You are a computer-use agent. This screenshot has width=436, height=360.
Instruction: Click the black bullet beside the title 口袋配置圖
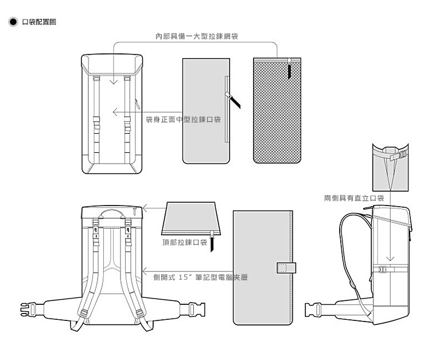[x=13, y=22]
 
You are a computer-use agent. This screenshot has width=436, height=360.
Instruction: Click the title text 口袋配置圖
[x=39, y=22]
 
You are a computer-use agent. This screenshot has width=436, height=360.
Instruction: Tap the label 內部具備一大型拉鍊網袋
[x=197, y=36]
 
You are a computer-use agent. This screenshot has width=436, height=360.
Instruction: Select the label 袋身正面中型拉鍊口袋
[x=183, y=119]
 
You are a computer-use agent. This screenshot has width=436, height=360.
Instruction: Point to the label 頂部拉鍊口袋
[x=185, y=242]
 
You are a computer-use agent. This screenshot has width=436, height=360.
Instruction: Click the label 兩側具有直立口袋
[x=354, y=198]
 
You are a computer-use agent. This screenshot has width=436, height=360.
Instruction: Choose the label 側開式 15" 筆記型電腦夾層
[x=200, y=277]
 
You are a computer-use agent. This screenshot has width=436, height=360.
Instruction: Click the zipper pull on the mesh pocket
[x=290, y=68]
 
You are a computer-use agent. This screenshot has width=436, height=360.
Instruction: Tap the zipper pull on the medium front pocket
[x=233, y=100]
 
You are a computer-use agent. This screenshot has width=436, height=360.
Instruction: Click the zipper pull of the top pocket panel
[x=212, y=241]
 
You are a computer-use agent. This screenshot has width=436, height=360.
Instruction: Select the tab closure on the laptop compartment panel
[x=286, y=268]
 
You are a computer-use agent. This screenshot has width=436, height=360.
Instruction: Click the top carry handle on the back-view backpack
[x=112, y=214]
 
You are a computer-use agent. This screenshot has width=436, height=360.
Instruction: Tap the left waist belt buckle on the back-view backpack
[x=29, y=309]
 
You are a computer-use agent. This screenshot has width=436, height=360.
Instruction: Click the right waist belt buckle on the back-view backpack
[x=196, y=309]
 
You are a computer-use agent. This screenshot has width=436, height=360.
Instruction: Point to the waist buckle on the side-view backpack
[x=313, y=309]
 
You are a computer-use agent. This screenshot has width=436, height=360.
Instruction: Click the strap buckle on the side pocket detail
[x=402, y=154]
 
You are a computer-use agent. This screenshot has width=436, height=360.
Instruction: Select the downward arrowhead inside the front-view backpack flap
[x=114, y=82]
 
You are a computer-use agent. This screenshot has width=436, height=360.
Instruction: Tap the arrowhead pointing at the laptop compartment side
[x=145, y=270]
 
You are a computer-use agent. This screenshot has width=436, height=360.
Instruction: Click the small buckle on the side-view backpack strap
[x=382, y=269]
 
